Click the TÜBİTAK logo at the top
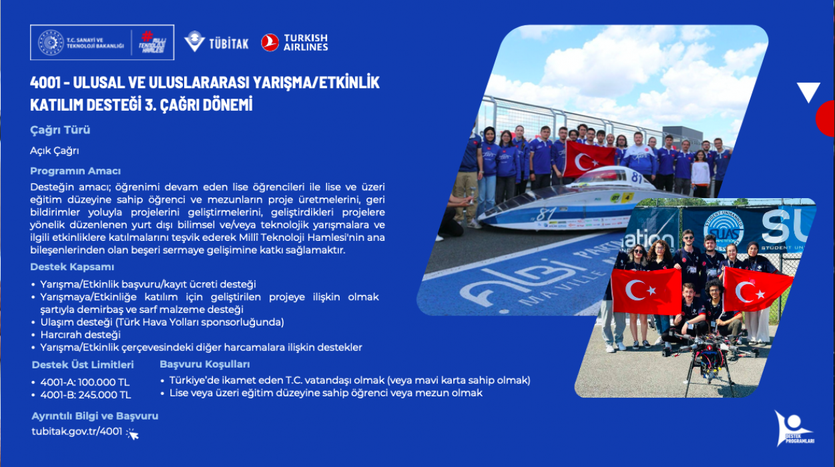[216, 42]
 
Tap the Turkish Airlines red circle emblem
[270, 42]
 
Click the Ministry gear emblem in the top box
[51, 43]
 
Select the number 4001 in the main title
[45, 82]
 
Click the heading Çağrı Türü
[60, 130]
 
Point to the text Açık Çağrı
[55, 151]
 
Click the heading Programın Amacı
[75, 171]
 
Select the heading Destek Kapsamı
[72, 267]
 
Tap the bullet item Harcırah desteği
[81, 335]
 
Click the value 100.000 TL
[103, 382]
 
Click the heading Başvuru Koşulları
[205, 364]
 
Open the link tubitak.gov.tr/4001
[77, 431]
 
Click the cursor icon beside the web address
[132, 434]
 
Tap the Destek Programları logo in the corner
[794, 428]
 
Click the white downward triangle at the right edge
[808, 91]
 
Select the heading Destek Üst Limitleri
[83, 364]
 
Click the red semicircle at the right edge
[826, 119]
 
